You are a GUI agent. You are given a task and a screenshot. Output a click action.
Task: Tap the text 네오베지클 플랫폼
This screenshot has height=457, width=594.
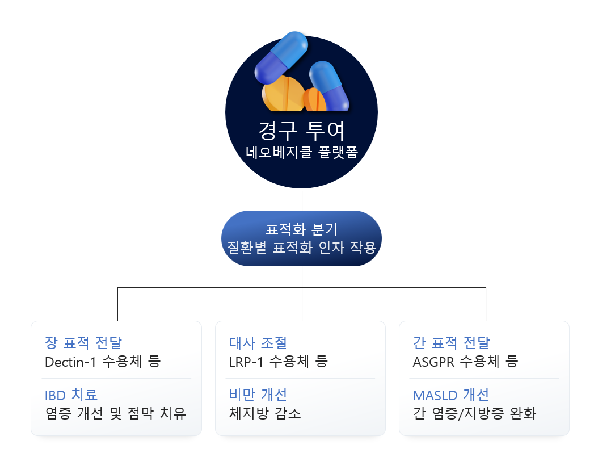(x=301, y=152)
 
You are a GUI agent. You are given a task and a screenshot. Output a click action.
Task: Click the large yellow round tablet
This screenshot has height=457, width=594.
(x=283, y=94)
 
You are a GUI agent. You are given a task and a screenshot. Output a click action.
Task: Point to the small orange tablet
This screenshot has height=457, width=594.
(x=315, y=99)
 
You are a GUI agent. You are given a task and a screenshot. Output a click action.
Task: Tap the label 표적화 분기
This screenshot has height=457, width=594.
(x=301, y=230)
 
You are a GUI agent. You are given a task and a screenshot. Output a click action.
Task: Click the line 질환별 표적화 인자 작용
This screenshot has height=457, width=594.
(x=301, y=248)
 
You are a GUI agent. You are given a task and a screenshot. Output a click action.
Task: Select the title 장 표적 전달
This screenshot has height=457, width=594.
(x=83, y=343)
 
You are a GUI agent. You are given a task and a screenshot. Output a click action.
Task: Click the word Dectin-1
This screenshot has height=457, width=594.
(x=70, y=362)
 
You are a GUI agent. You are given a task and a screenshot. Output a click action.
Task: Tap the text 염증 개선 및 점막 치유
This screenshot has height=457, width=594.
(x=115, y=413)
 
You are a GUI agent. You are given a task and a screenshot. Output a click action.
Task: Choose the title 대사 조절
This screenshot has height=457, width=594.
(x=258, y=343)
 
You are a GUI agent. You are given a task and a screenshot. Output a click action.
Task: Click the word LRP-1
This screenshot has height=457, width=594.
(x=246, y=362)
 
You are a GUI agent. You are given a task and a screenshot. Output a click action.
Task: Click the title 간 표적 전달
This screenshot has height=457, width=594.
(x=451, y=343)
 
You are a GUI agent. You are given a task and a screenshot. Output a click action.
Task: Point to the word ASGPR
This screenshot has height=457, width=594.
(x=434, y=362)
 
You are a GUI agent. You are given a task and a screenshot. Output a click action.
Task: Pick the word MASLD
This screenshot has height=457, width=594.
(x=435, y=395)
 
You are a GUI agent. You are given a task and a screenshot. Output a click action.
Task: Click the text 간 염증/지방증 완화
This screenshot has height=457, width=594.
(x=474, y=413)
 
